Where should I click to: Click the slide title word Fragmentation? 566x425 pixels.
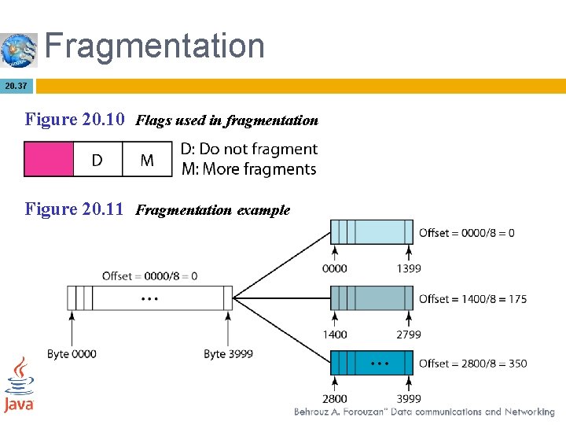[x=154, y=46]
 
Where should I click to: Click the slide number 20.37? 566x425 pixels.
[x=16, y=85]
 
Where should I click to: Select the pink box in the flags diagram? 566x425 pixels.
[x=48, y=159]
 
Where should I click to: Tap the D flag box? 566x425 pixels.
[x=97, y=160]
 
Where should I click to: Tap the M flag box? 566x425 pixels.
[x=147, y=160]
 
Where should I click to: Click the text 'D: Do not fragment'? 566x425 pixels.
[x=248, y=149]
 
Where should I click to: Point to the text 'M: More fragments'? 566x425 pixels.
[x=248, y=169]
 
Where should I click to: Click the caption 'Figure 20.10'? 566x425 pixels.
[x=75, y=120]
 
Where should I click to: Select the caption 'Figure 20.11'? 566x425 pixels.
[x=75, y=209]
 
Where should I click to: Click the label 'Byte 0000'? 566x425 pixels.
[x=72, y=354]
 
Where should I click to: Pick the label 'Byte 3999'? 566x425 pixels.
[x=228, y=354]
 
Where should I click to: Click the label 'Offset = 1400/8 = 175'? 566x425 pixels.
[x=472, y=299]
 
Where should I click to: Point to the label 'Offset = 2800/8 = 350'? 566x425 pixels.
[x=472, y=364]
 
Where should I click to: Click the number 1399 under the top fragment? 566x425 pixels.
[x=408, y=268]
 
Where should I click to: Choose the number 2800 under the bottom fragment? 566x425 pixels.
[x=335, y=399]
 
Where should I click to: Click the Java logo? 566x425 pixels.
[x=19, y=385]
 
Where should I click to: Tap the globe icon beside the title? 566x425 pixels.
[x=19, y=50]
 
